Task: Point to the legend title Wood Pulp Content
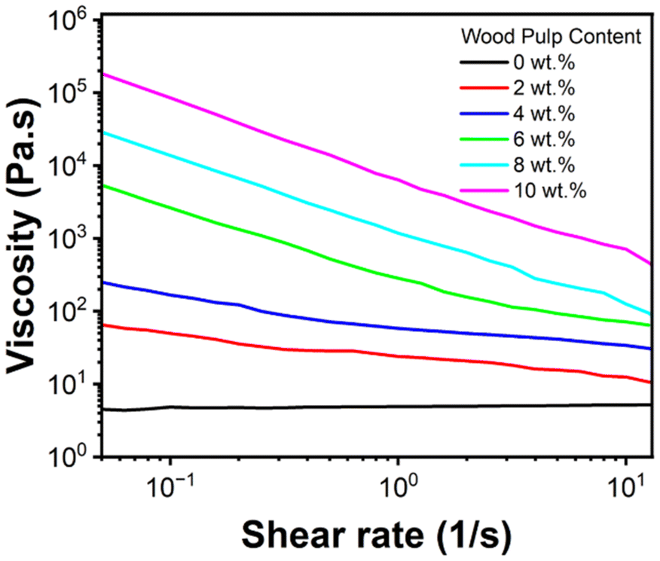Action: (x=550, y=35)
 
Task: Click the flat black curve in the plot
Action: (x=377, y=407)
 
